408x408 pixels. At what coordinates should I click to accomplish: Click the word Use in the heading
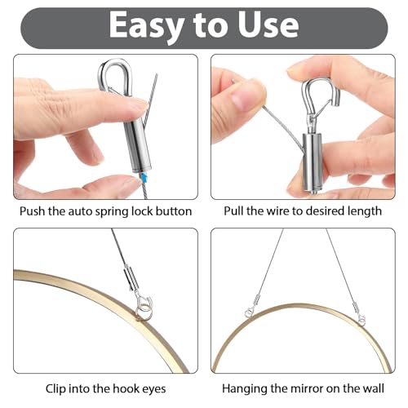[265, 26]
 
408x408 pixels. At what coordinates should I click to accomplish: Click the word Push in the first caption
[34, 211]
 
